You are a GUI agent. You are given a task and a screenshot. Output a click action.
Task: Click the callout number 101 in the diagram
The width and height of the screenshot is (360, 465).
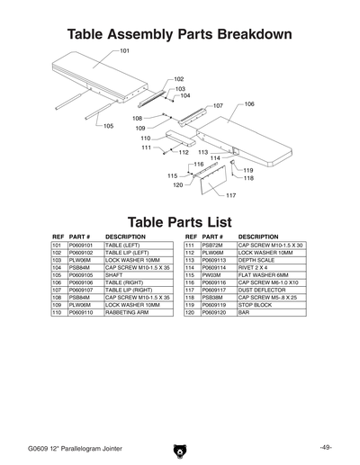coord(124,52)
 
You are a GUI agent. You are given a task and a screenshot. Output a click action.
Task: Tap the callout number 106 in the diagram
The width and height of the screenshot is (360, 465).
coord(249,104)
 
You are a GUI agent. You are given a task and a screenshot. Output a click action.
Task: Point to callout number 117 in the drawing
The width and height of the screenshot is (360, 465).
coord(230,195)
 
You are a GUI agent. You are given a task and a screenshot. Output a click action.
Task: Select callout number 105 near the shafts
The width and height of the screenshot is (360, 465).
coord(109,126)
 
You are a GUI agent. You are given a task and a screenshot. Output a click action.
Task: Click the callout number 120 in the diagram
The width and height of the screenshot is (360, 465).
coord(177,184)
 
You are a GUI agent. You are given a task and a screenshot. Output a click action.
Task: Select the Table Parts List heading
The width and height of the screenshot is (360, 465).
coord(180,221)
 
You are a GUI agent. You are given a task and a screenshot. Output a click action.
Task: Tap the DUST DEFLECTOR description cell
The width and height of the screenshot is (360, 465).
coord(262,290)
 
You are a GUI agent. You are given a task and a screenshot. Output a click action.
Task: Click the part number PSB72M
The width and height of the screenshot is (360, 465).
coord(212,245)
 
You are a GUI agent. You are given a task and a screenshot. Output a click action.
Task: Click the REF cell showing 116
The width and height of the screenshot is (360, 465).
coord(190,282)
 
